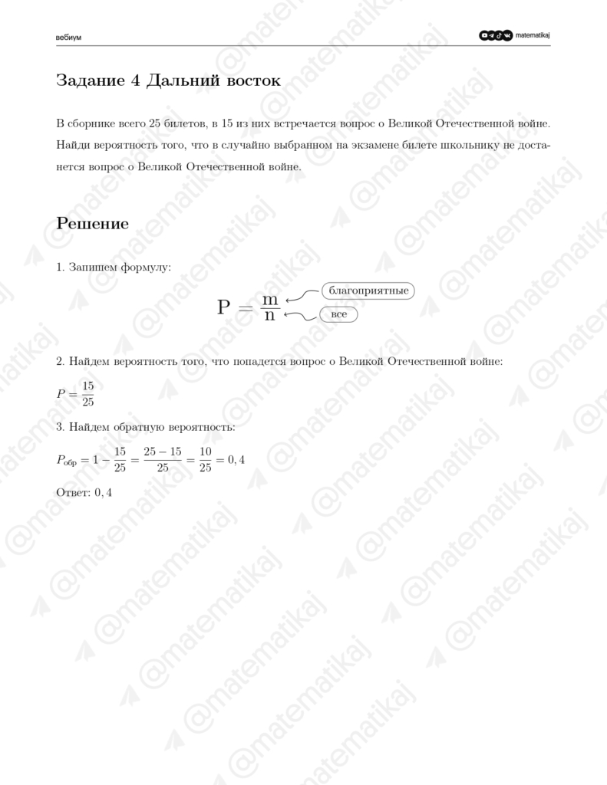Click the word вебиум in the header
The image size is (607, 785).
coord(68,37)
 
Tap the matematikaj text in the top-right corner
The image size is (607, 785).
coord(533,34)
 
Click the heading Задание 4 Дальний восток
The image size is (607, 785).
coord(168,80)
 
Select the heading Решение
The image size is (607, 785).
coord(92,223)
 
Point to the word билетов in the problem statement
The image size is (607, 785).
coord(187,123)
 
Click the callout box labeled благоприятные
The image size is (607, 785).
coord(368,291)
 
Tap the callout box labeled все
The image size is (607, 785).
coord(338,314)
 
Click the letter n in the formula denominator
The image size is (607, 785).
coord(269,315)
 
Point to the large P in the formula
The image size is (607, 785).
coord(224,307)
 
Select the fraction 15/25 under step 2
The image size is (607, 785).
coord(87,393)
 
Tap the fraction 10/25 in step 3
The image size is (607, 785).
coord(205,459)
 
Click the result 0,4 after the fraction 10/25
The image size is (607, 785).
coord(235,460)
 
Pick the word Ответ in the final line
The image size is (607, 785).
coord(72,492)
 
